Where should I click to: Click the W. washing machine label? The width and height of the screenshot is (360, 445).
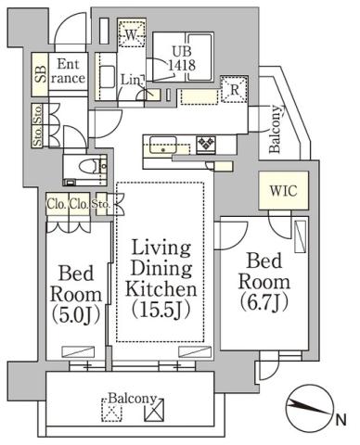134,34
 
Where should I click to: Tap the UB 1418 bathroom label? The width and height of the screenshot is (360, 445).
180,59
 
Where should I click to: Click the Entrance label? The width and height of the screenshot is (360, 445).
71,71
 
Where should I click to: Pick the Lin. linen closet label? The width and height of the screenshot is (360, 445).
130,81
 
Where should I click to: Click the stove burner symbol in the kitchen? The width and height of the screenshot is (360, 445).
205,144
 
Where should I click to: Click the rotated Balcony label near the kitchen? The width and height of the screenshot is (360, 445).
276,130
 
